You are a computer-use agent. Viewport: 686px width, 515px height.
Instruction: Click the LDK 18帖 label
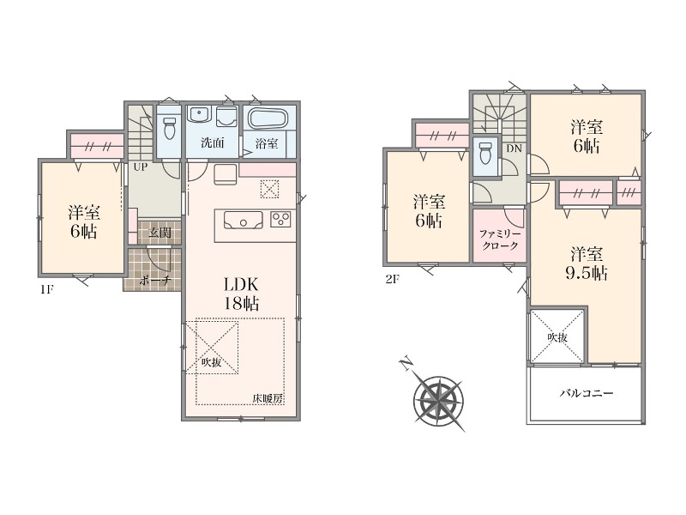241,294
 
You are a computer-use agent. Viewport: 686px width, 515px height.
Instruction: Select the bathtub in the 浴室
268,118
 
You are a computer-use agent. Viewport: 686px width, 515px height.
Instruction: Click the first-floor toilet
169,127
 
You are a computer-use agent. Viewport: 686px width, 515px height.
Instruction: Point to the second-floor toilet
485,154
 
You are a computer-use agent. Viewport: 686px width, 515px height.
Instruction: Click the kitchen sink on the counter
244,221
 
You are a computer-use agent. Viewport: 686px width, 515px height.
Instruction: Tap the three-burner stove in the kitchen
280,219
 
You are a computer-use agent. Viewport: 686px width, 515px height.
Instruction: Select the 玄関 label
159,233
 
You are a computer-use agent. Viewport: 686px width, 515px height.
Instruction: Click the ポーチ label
154,281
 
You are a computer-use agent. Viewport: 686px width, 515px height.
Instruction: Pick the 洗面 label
212,142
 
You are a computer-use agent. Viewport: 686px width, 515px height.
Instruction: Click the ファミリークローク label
500,240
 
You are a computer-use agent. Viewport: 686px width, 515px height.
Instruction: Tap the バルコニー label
587,393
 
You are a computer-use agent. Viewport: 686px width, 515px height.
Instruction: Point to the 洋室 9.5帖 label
587,264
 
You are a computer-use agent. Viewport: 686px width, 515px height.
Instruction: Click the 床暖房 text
268,398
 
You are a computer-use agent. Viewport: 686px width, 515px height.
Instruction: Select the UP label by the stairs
140,167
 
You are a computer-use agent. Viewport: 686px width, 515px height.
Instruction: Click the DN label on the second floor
514,148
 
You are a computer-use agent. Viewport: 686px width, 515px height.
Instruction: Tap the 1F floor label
47,289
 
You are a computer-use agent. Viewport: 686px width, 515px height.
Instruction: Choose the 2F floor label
393,279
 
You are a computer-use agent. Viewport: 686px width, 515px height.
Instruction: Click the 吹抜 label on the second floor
557,336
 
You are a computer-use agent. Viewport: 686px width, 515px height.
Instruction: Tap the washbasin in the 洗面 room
199,115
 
